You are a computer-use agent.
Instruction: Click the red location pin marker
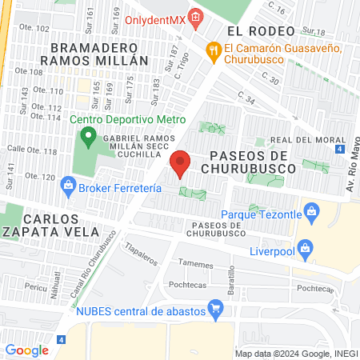pyautogui.click(x=181, y=164)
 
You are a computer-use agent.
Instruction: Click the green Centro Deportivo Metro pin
pyautogui.click(x=90, y=135)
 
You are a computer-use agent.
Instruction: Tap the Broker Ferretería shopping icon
pyautogui.click(x=69, y=188)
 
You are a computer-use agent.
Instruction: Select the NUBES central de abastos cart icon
pyautogui.click(x=214, y=307)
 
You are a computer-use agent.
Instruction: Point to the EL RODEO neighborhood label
pyautogui.click(x=256, y=30)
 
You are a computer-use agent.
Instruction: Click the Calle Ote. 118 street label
pyautogui.click(x=32, y=150)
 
